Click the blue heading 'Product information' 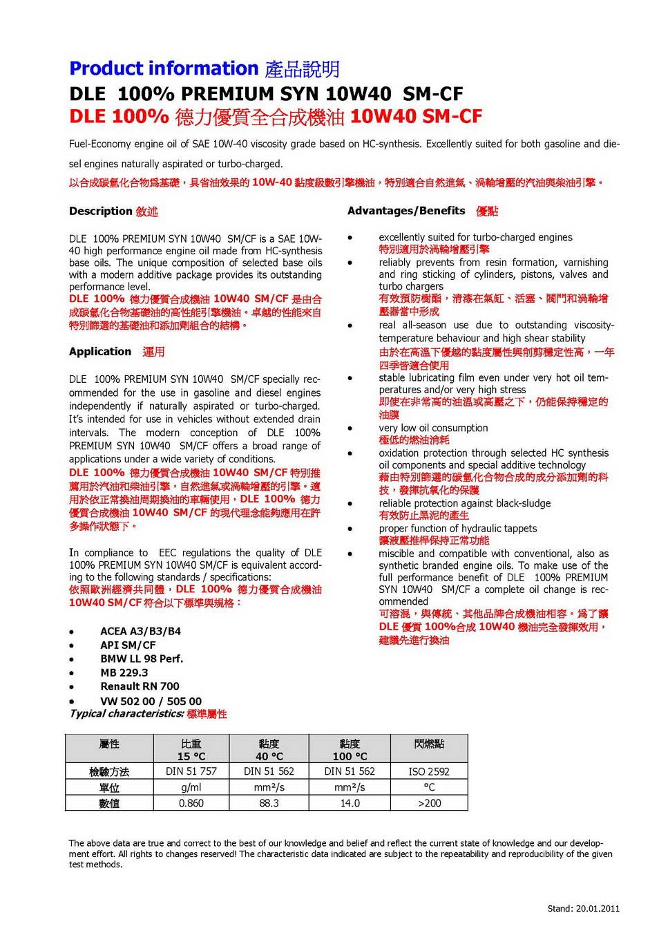164,68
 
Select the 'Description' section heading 100,211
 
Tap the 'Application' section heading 100,351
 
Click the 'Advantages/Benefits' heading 406,211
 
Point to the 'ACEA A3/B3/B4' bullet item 140,631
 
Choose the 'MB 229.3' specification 124,672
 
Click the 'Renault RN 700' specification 140,686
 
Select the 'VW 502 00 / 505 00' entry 151,701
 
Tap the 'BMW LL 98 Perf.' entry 142,659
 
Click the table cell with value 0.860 191,803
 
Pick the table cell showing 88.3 269,803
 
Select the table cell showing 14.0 350,803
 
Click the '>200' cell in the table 429,803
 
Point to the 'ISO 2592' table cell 429,771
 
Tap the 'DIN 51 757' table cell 191,771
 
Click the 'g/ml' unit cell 191,787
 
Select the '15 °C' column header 191,756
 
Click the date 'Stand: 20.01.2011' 583,908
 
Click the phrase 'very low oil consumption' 433,428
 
